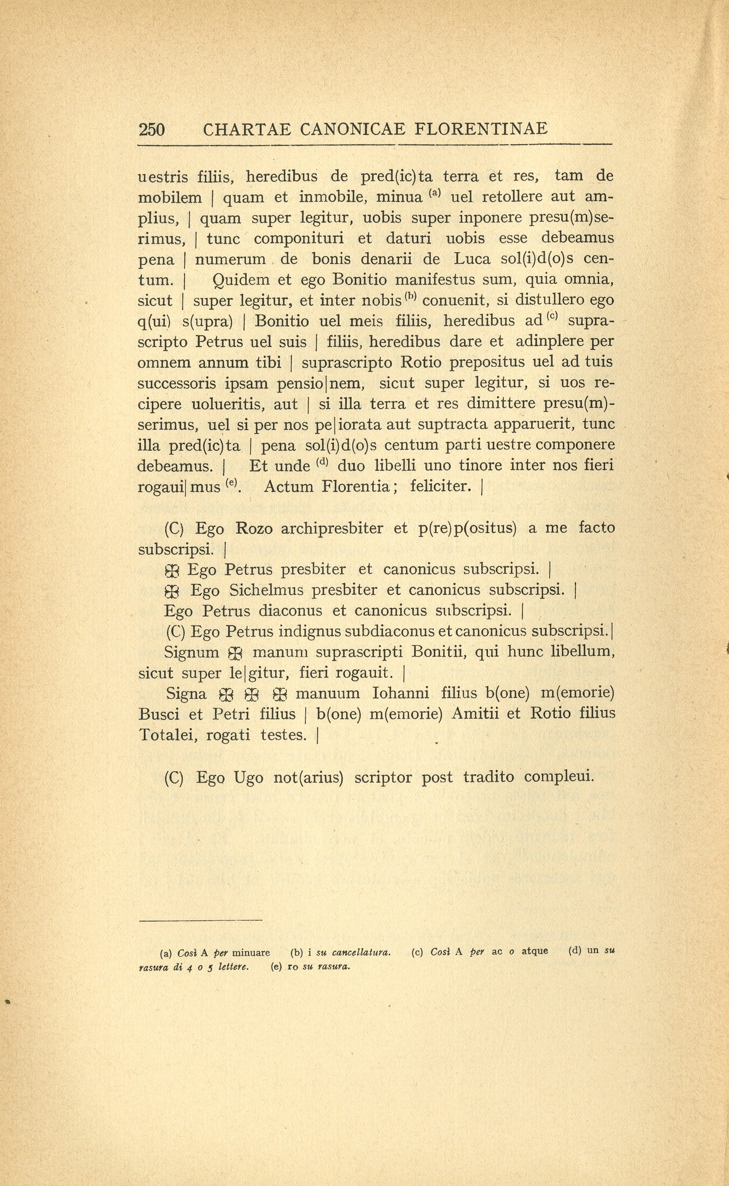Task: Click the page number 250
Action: click(151, 129)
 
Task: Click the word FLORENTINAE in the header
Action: click(481, 129)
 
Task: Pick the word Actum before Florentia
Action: click(288, 487)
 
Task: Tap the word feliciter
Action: click(441, 487)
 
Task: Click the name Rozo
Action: click(254, 529)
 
